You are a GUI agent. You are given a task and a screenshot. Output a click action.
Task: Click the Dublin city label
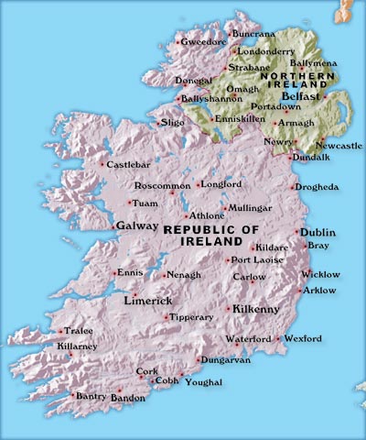319,232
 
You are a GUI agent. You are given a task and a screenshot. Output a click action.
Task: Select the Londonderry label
267,51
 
